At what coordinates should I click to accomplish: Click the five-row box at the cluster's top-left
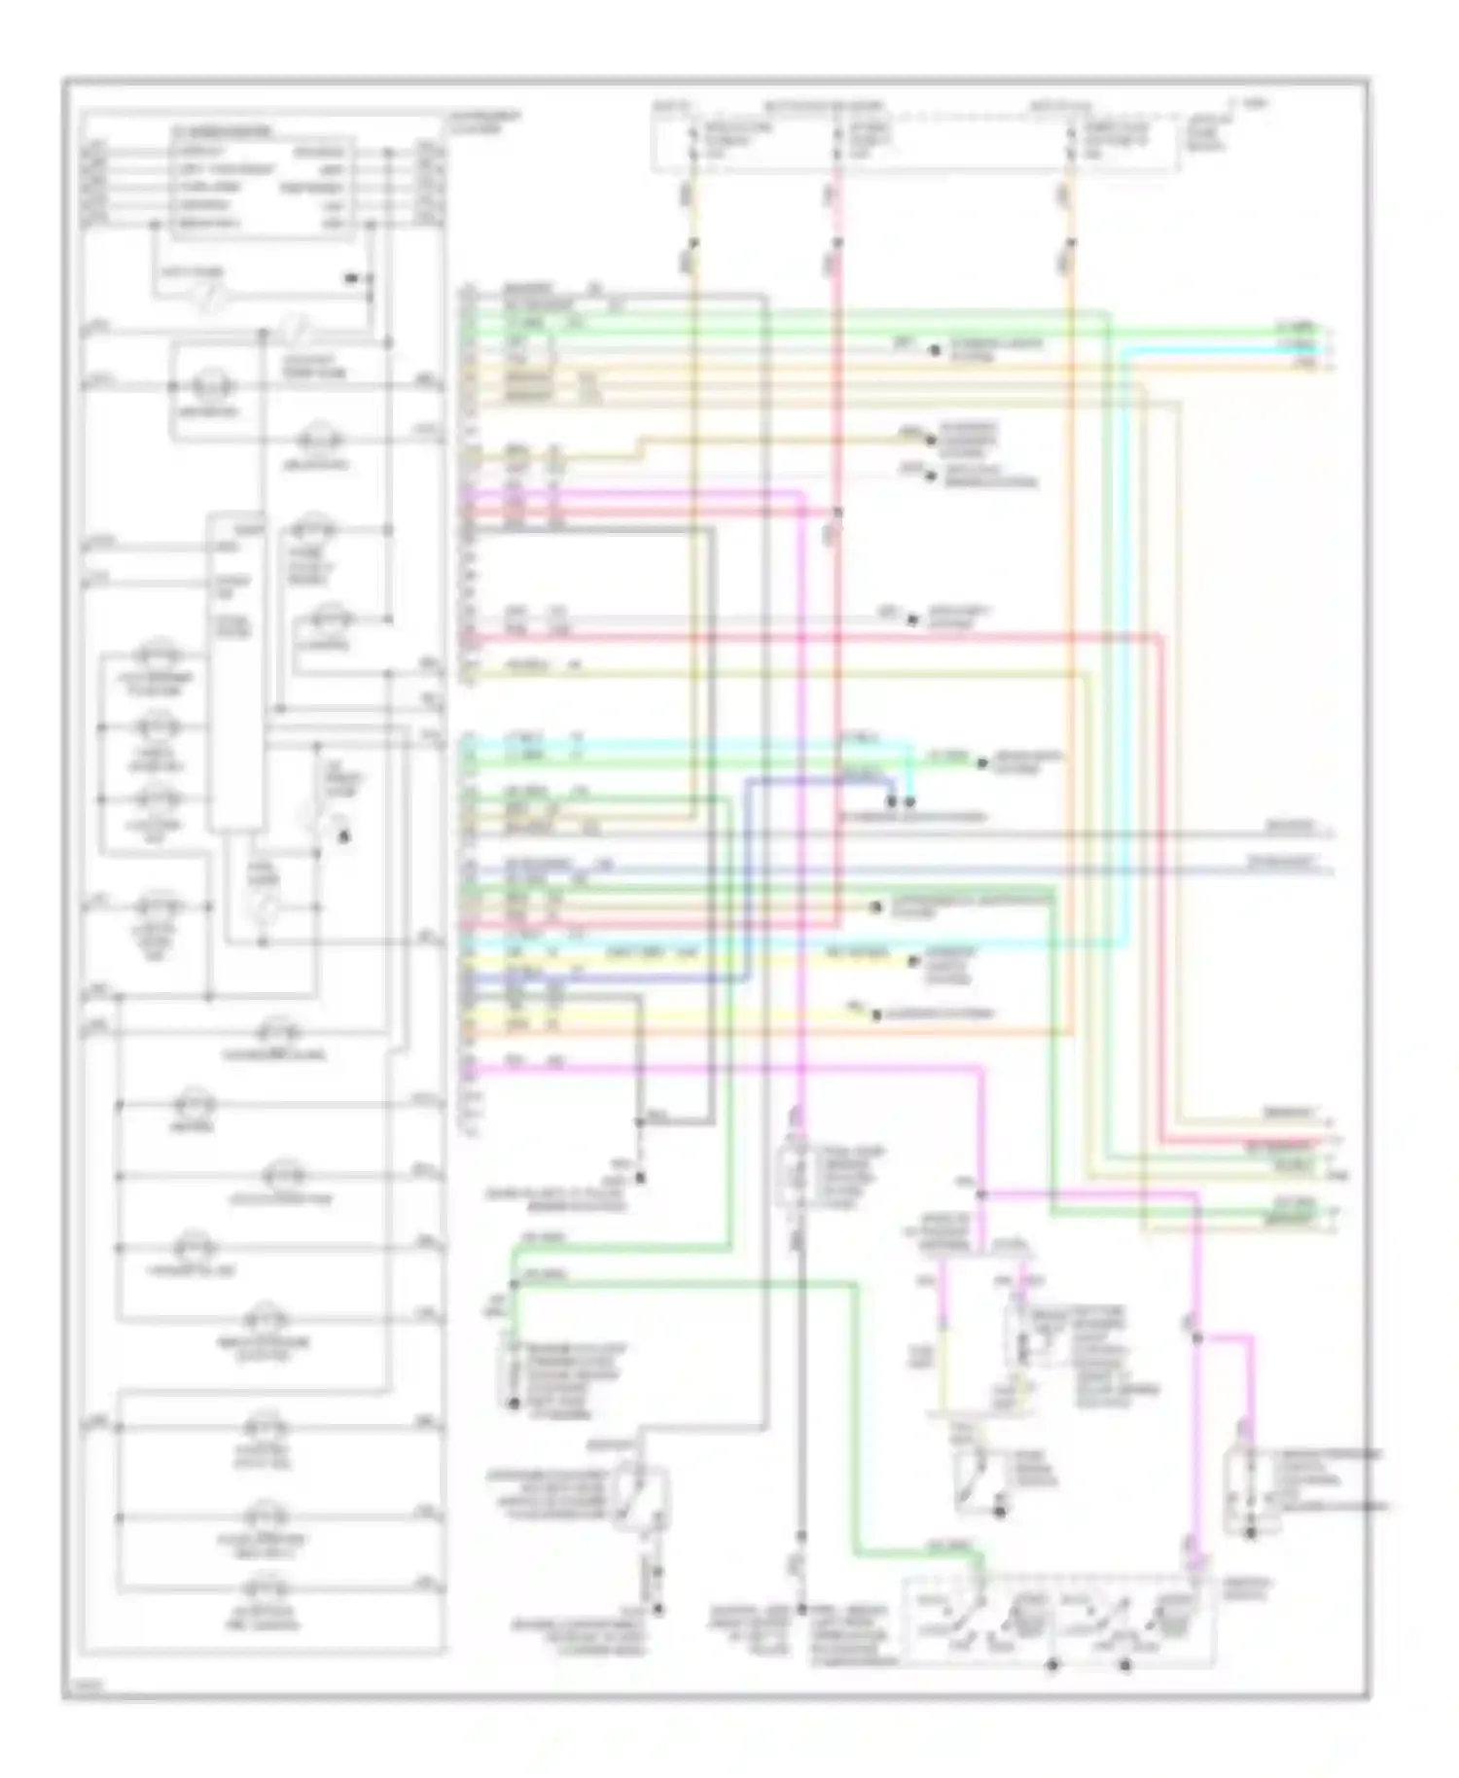(262, 188)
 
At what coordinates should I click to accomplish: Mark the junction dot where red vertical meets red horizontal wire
(837, 512)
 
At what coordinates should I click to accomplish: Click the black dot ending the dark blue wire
(891, 802)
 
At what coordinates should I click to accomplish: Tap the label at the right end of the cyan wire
(1299, 348)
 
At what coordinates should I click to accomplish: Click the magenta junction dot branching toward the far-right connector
(1197, 1338)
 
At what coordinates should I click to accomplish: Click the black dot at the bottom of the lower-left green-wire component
(514, 1405)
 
